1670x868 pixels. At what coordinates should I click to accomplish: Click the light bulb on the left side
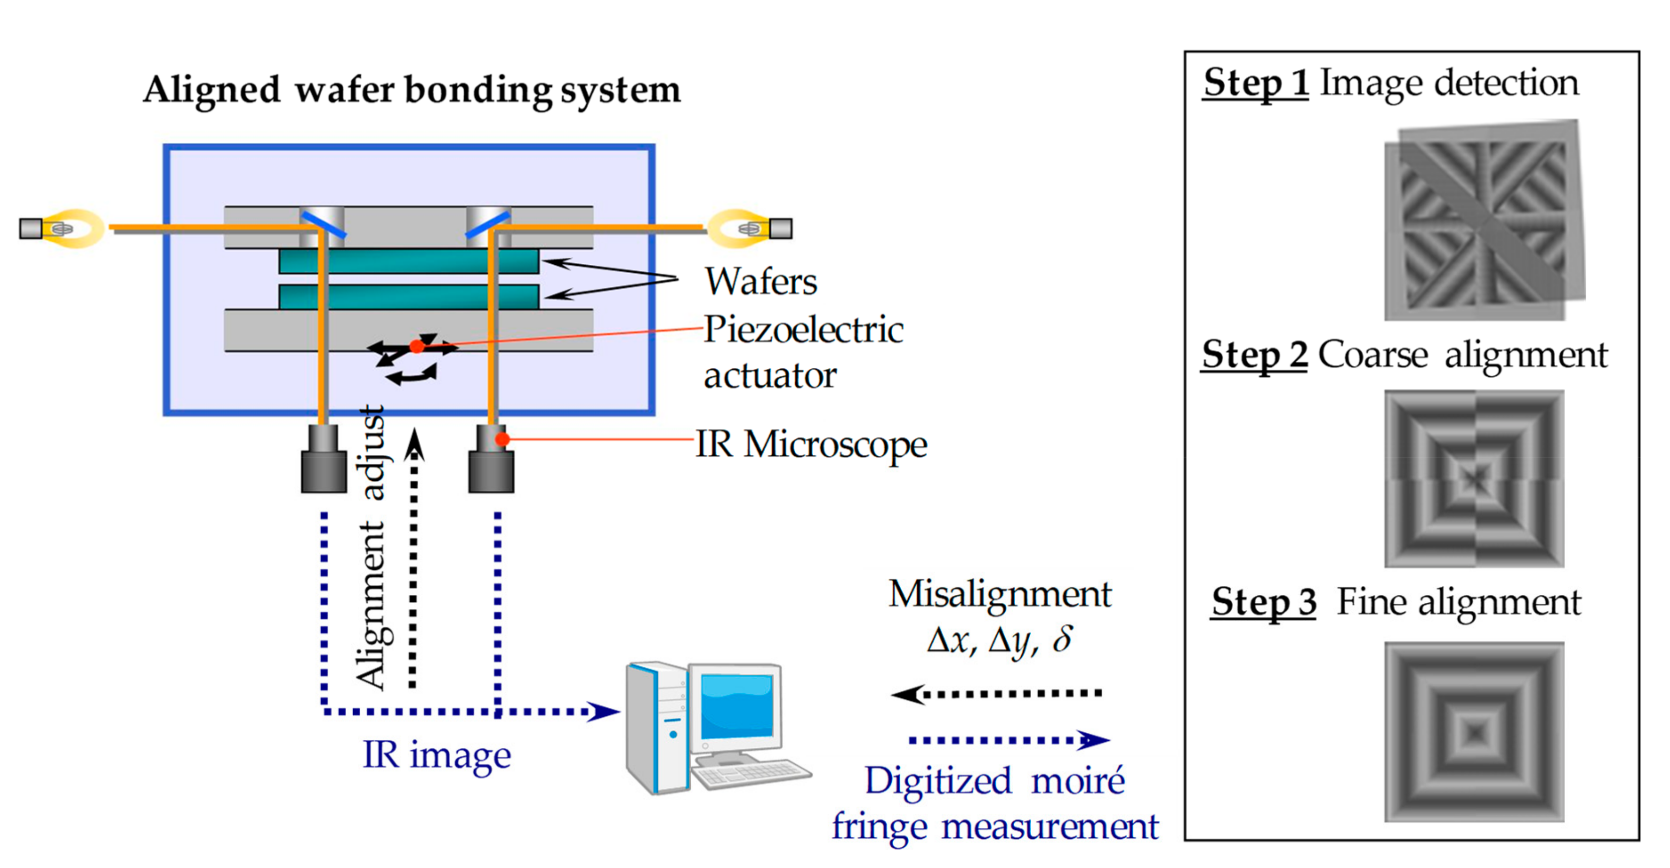tap(65, 228)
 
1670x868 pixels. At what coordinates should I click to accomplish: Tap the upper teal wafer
tap(409, 261)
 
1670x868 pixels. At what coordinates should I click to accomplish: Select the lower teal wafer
tap(409, 296)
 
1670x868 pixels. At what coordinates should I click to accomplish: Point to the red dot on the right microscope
tap(502, 440)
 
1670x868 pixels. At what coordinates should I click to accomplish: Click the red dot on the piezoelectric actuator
tap(417, 347)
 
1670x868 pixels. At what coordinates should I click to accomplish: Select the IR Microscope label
tap(810, 445)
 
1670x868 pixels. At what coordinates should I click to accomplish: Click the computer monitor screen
tap(737, 707)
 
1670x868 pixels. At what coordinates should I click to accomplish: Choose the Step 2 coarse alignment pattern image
tap(1474, 479)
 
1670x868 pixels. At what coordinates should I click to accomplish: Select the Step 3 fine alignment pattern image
tap(1474, 732)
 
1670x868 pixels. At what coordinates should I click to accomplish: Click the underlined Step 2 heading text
tap(1254, 355)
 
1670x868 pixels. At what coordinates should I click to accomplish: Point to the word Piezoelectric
tap(803, 330)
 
